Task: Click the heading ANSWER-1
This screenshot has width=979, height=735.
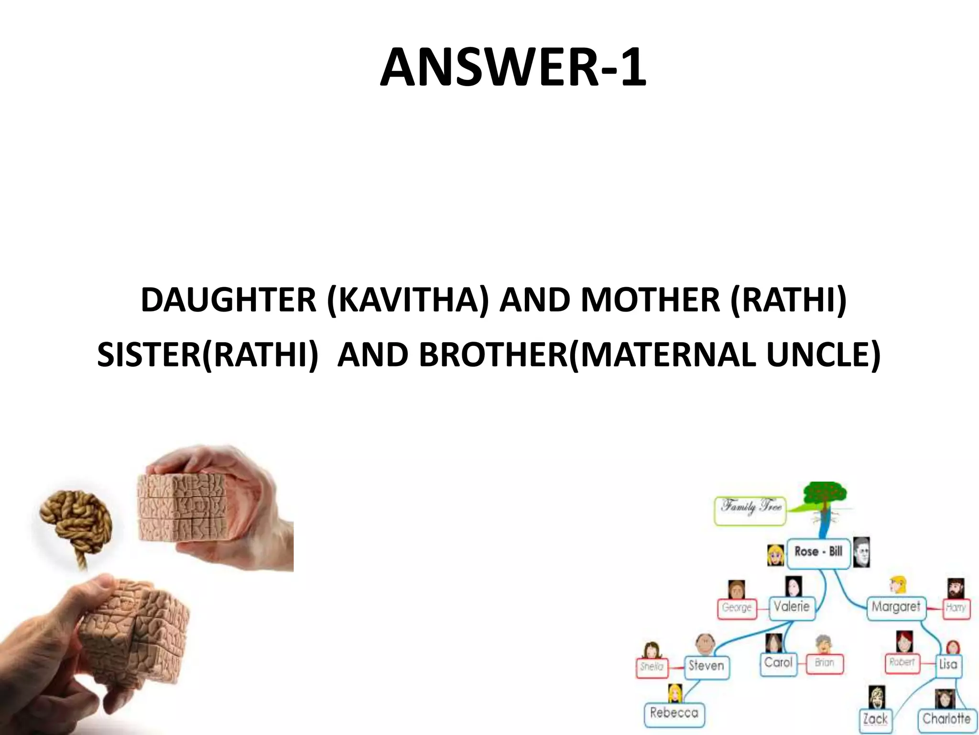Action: point(513,68)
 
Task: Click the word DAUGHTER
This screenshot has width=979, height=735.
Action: point(228,301)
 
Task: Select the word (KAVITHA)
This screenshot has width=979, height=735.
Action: point(408,301)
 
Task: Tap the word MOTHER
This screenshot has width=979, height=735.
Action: point(650,301)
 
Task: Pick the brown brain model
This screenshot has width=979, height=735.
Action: point(76,522)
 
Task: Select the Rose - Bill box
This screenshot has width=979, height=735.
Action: point(818,552)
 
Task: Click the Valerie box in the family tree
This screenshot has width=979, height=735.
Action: point(792,607)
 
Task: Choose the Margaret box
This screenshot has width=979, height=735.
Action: point(895,607)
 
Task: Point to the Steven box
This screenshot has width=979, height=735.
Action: point(706,666)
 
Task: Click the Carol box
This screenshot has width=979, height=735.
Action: point(778,663)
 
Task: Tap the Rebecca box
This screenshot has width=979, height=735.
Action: point(674,713)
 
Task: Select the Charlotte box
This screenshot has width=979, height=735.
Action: point(946,719)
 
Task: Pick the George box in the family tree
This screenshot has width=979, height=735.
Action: point(737,608)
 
